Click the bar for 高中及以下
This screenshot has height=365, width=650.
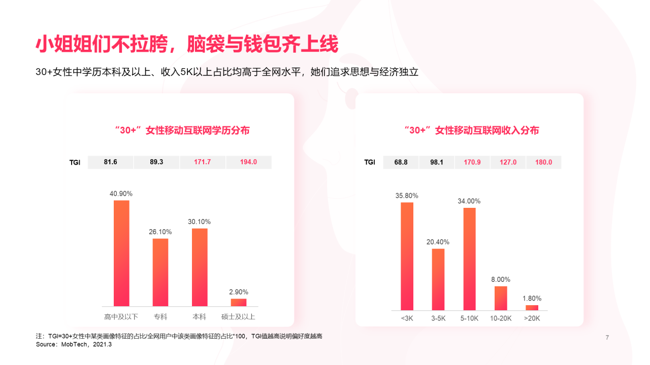point(121,253)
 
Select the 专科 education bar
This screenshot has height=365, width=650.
point(160,272)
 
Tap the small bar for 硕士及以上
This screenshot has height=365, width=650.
point(238,302)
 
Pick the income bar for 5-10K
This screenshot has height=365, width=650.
point(469,259)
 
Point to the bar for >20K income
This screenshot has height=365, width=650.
point(532,307)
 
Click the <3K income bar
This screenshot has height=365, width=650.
point(407,256)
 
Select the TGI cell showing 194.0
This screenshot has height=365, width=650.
point(248,162)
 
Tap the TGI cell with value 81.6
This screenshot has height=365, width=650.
point(110,162)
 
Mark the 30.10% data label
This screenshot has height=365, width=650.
point(199,222)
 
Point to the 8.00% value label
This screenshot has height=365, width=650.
point(500,279)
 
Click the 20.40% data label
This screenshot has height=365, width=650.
point(438,242)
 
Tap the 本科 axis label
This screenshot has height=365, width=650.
point(199,317)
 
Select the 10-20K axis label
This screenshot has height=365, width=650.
point(501,319)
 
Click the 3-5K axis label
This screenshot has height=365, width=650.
point(438,319)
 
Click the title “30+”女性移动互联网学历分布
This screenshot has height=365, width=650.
point(182,130)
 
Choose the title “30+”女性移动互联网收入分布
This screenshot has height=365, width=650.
point(471,130)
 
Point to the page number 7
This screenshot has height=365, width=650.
point(607,338)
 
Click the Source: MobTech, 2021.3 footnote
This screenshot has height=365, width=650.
point(74,345)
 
